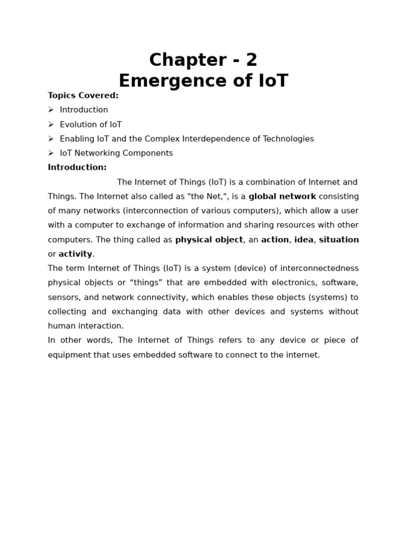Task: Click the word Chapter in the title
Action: coord(180,60)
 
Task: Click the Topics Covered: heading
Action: coord(83,95)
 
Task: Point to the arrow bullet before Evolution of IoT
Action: coord(51,125)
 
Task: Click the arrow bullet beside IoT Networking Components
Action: coord(51,153)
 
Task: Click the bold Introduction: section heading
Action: coord(77,168)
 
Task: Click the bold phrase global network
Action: coord(282,197)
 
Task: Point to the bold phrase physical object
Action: coord(209,240)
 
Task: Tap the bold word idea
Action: coord(304,240)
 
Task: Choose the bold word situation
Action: coord(339,240)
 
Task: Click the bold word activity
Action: coord(75,254)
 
